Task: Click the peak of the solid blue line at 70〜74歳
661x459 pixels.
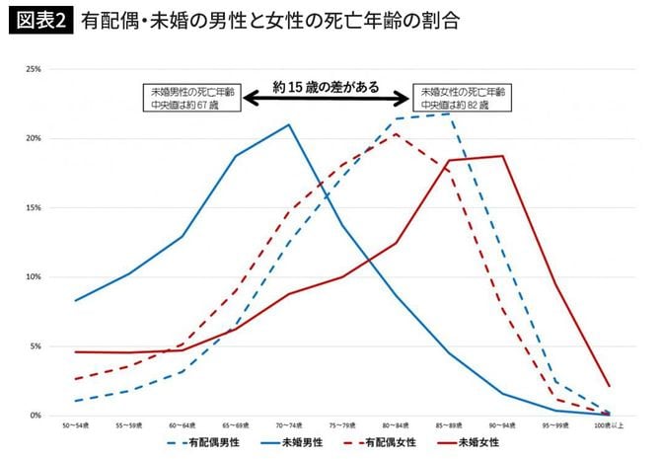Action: (288, 124)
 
